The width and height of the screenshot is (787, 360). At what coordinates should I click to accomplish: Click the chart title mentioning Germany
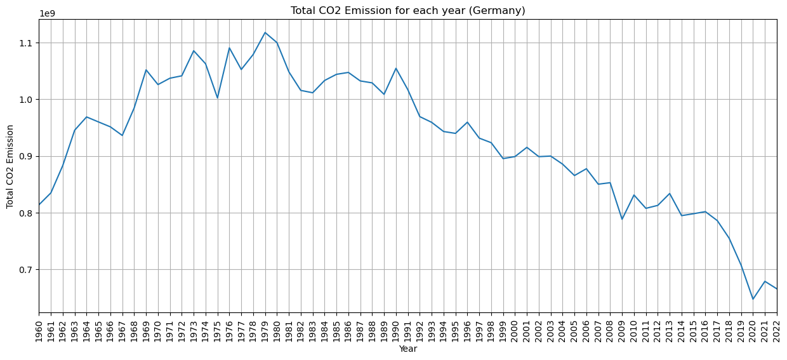coord(407,10)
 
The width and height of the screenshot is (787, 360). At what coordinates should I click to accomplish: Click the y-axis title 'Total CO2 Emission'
coord(10,166)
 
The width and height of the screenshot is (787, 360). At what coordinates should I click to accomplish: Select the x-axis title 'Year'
coord(407,349)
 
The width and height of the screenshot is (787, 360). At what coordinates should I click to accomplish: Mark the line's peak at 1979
coord(265,32)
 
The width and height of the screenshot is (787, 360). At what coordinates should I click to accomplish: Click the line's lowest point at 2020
coord(753,299)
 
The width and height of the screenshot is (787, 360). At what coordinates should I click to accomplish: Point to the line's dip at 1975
coord(218,98)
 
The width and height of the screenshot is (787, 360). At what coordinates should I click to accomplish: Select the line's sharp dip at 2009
coord(622,219)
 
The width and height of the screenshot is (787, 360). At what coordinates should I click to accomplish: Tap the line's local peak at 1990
coord(396,69)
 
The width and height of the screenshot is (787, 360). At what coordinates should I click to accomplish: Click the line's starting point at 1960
coord(39,204)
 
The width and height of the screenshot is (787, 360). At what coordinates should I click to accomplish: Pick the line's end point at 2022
coord(777,289)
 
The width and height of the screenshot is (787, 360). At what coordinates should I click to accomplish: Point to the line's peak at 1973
coord(194,51)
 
